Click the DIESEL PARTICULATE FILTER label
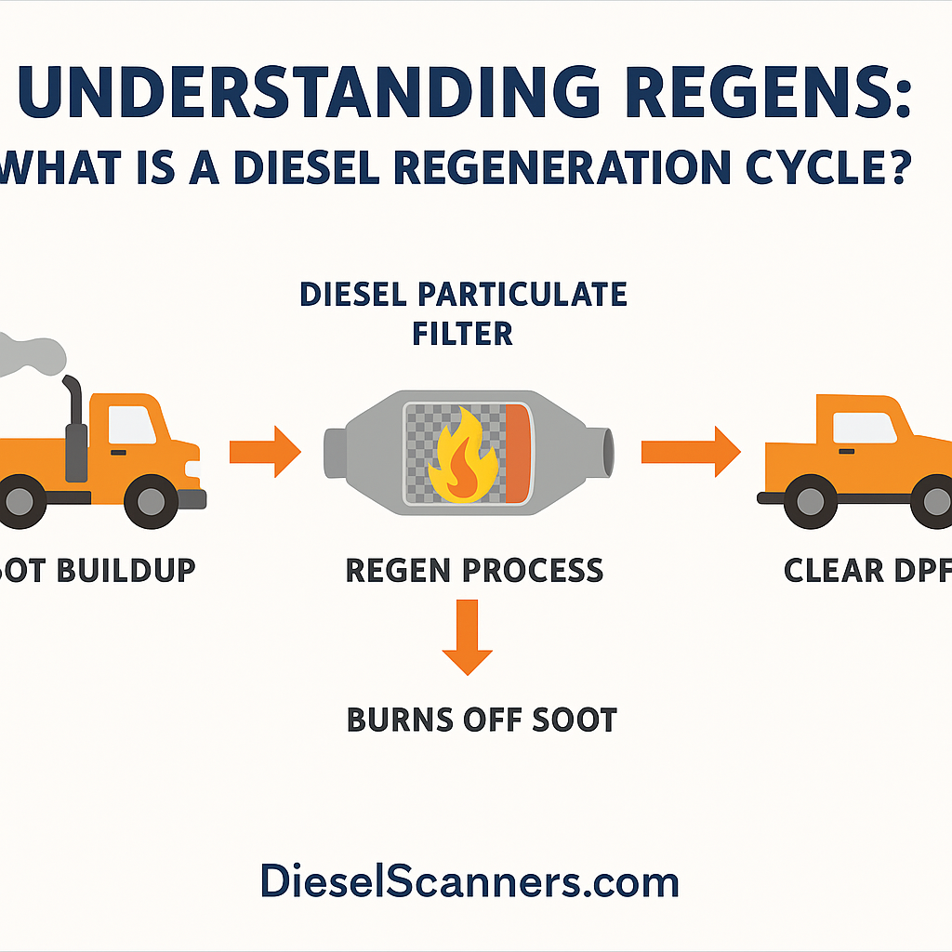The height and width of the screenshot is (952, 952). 463,313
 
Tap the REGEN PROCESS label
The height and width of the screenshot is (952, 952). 473,570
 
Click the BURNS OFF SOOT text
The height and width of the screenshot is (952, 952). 482,720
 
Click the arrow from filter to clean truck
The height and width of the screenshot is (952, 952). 690,451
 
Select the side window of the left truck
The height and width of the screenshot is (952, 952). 132,426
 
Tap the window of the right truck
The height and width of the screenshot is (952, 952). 865,428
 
